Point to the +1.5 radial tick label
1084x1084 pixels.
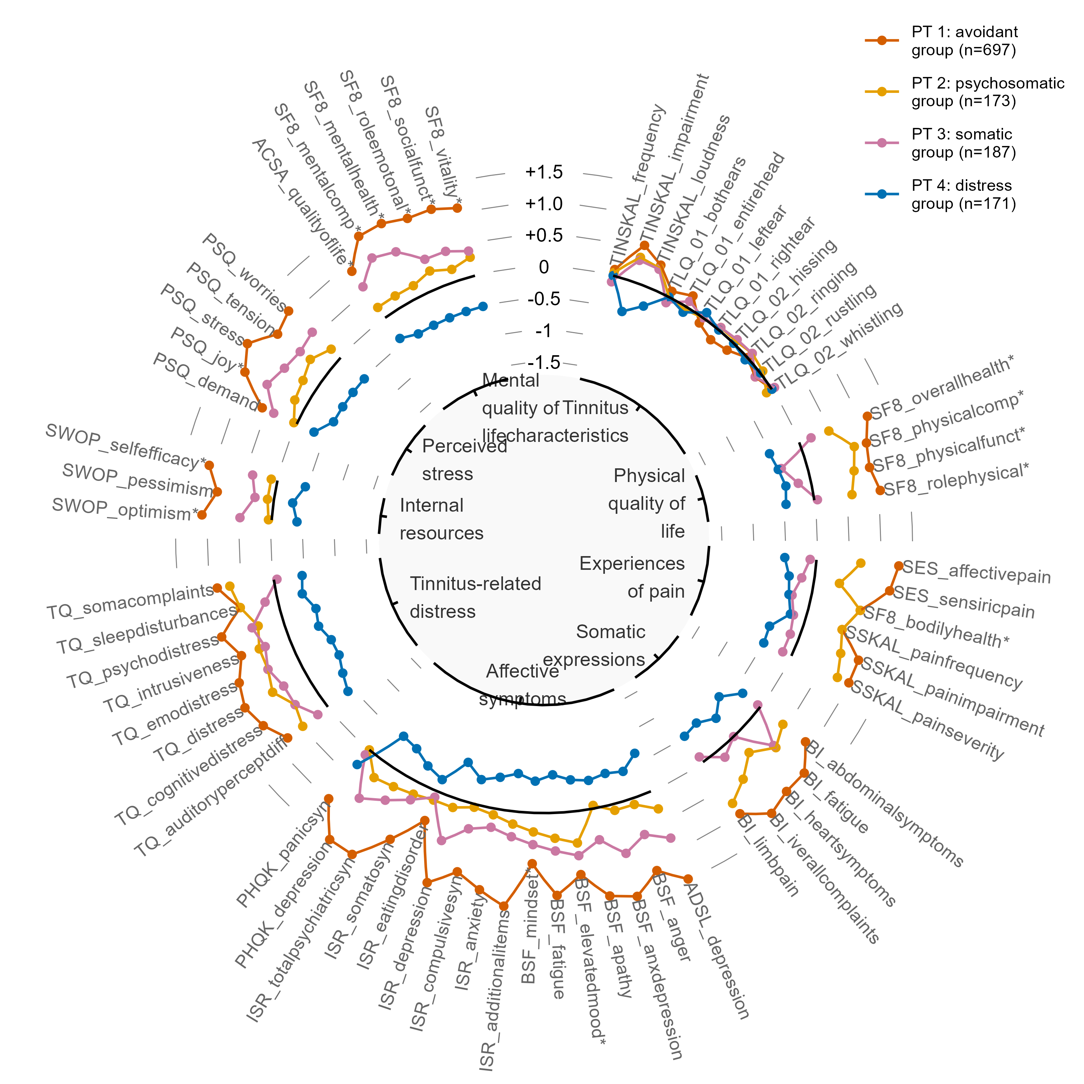544,172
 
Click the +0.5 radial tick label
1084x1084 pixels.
544,236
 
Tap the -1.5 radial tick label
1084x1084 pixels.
544,362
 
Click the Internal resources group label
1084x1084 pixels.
441,519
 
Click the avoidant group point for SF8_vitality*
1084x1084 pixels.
457,208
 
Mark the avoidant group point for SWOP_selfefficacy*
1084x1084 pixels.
209,465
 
